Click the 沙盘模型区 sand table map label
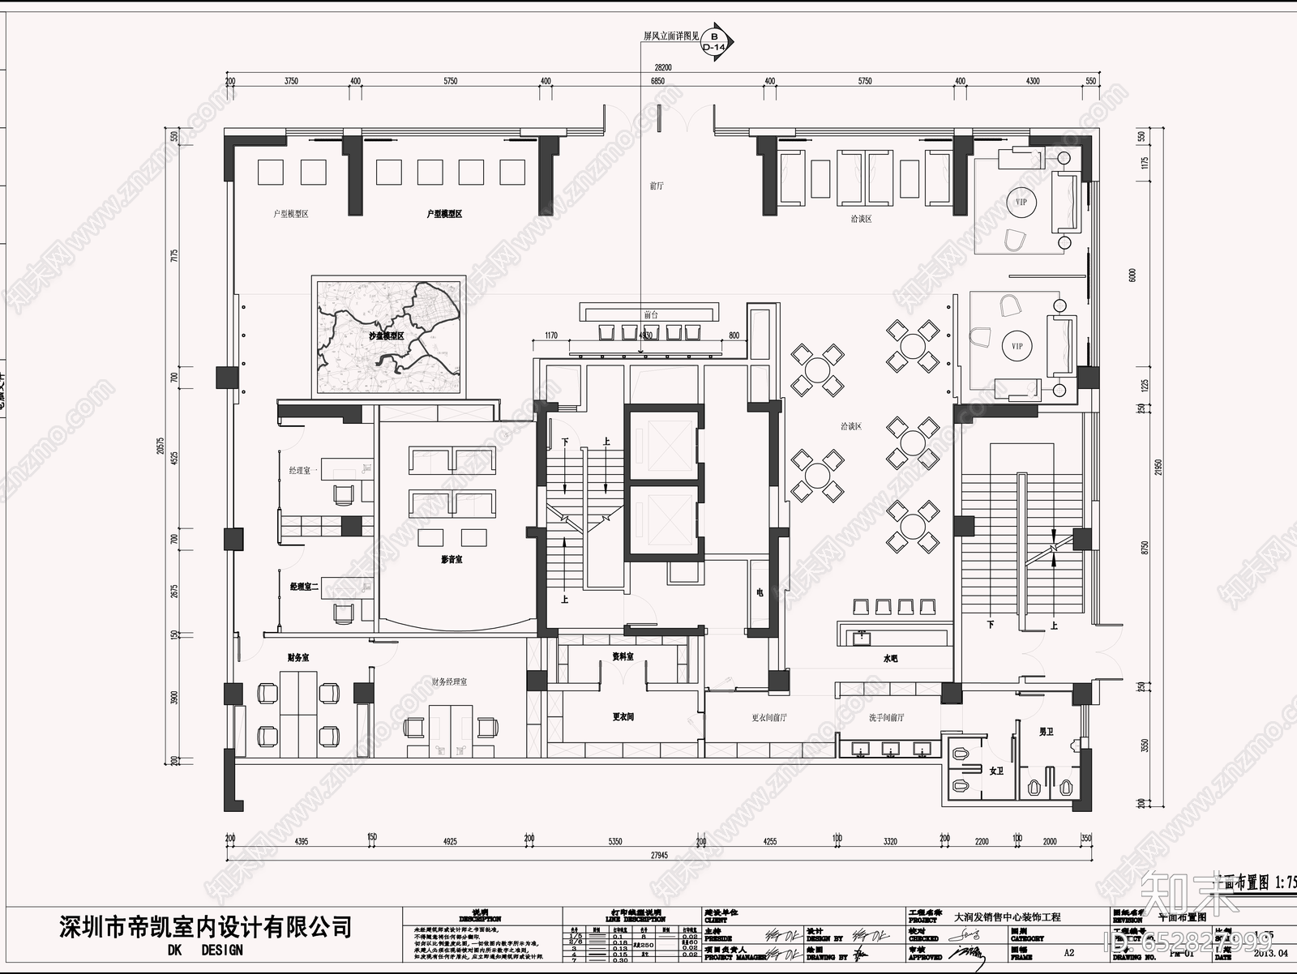(387, 335)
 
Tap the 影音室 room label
(452, 560)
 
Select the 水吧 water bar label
(890, 659)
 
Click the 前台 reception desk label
(651, 314)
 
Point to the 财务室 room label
(297, 657)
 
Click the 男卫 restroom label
(1046, 731)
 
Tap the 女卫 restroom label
(996, 771)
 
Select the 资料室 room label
(623, 656)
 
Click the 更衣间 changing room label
(623, 717)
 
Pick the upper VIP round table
(1020, 201)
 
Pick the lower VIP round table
(1017, 346)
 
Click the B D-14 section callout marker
(714, 41)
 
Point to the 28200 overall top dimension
(662, 68)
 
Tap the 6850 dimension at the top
(657, 81)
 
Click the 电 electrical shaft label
(760, 593)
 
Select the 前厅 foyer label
(657, 186)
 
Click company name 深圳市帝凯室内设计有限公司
(207, 925)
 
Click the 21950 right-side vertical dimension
(1158, 468)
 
